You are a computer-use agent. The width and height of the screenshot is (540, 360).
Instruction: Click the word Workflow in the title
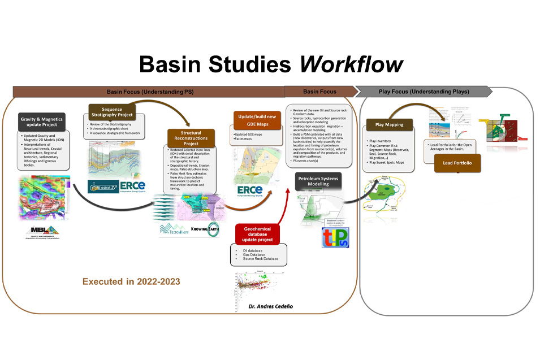351,64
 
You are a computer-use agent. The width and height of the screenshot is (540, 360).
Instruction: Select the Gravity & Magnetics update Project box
42,122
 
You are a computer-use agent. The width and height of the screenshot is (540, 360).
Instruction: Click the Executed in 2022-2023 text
131,281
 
